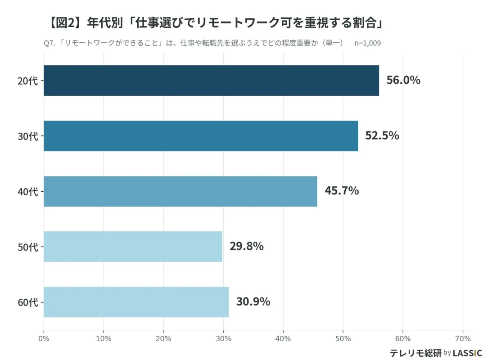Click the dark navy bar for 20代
click(x=211, y=81)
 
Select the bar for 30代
click(x=201, y=136)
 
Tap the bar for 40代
click(x=180, y=191)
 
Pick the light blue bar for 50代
click(x=133, y=247)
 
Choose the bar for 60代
click(x=136, y=302)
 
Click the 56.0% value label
click(x=403, y=80)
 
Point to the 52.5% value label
click(x=382, y=135)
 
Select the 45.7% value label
click(x=342, y=191)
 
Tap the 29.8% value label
click(x=246, y=246)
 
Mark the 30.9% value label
click(x=253, y=301)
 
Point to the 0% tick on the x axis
click(x=44, y=338)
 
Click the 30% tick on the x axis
click(x=223, y=338)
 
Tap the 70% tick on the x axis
click(x=463, y=338)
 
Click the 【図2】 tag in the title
click(x=64, y=22)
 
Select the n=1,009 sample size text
click(x=368, y=43)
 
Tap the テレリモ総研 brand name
click(x=415, y=353)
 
